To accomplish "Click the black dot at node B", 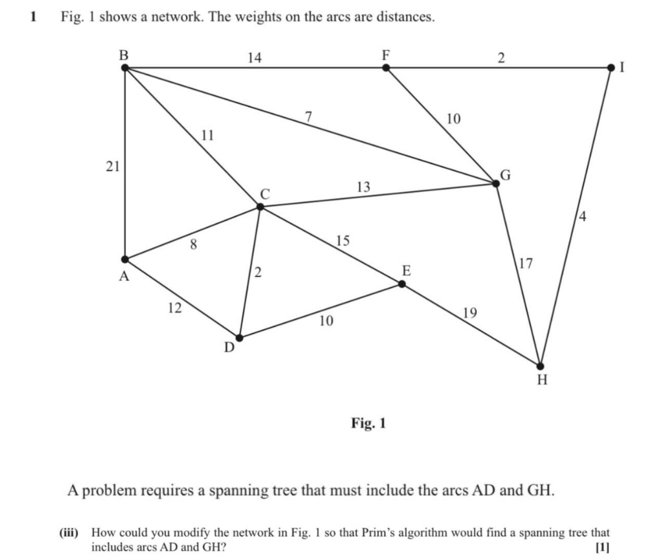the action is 125,68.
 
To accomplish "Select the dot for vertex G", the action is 496,183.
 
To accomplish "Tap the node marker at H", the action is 540,366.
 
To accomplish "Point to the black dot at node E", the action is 402,284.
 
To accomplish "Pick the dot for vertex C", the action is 260,207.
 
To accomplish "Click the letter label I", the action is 622,68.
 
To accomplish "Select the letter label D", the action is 229,347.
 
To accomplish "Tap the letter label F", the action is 386,55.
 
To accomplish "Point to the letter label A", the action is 125,277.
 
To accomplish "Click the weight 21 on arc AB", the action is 113,167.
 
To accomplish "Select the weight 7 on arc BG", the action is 308,117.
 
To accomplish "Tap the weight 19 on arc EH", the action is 470,312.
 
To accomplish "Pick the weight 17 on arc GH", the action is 526,264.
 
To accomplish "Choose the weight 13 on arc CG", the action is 363,187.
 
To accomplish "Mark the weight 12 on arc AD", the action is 174,307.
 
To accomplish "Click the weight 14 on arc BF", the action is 254,58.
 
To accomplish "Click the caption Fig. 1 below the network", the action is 368,423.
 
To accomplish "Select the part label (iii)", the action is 69,532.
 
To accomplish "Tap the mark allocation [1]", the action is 602,547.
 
